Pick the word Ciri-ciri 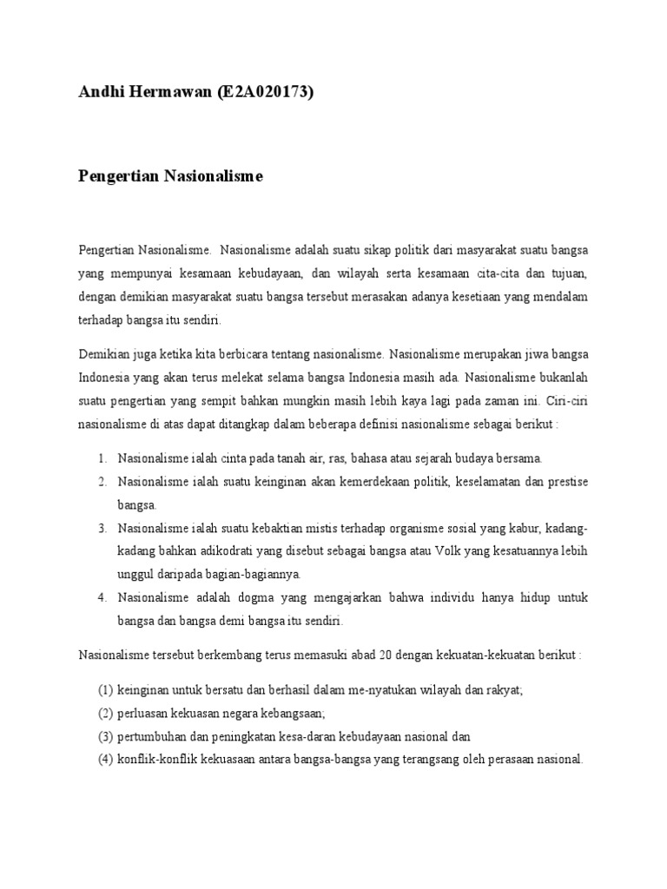(565, 401)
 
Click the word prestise (566, 481)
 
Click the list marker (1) (105, 690)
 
